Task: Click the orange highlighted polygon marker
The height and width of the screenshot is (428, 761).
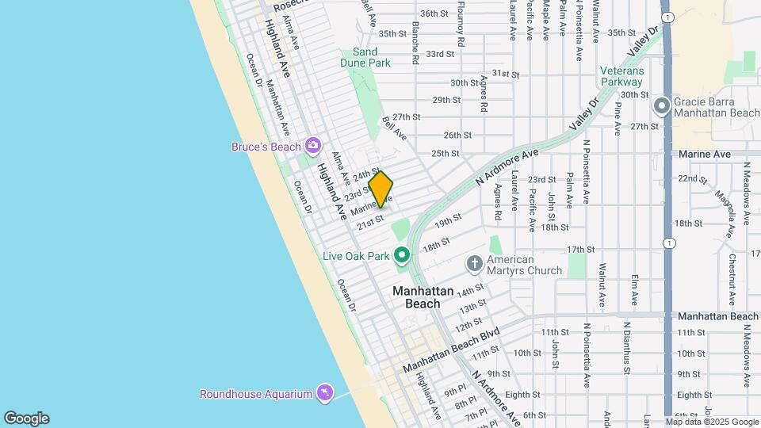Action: (380, 189)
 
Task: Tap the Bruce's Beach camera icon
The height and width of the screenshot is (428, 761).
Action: (313, 145)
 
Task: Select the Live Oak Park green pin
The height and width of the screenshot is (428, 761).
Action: (402, 255)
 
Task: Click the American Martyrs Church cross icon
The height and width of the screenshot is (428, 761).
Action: (474, 263)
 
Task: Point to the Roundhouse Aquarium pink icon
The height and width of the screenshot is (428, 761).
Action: (323, 393)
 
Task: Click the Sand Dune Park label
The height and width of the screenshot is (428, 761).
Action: (371, 57)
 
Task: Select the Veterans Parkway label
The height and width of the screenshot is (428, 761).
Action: (622, 76)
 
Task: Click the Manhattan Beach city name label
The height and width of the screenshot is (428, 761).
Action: (423, 297)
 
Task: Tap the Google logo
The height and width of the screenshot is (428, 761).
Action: (26, 418)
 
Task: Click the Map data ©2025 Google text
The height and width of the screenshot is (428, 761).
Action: (712, 422)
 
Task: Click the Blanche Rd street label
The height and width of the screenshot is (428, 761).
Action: (415, 42)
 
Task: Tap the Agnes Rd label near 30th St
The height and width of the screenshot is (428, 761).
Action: (483, 93)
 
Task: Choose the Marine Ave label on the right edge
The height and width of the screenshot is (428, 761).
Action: (705, 154)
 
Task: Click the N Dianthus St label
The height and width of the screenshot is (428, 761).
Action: (626, 347)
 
